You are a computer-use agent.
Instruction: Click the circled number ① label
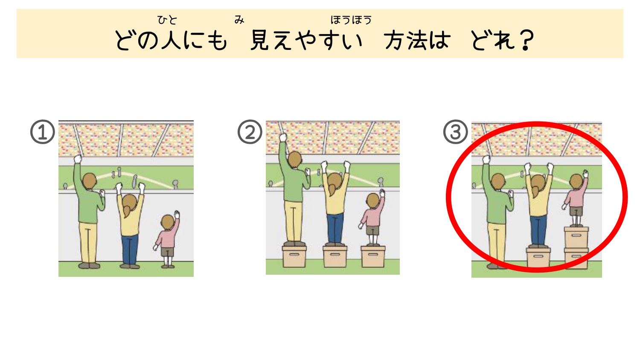click(x=43, y=132)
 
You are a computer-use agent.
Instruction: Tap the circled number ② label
click(x=250, y=132)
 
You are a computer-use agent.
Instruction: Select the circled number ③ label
click(x=455, y=132)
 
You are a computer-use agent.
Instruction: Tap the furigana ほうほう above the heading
click(x=351, y=20)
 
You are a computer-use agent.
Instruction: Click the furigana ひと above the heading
click(x=167, y=20)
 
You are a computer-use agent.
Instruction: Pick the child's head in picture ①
click(x=168, y=222)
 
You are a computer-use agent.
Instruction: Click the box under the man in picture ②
click(x=294, y=257)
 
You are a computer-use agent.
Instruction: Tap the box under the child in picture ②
click(x=373, y=257)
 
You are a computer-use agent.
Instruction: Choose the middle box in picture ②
click(x=335, y=257)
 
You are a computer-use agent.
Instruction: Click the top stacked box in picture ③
click(x=576, y=238)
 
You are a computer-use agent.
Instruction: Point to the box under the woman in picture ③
click(x=538, y=258)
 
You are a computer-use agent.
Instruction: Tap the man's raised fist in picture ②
click(x=283, y=137)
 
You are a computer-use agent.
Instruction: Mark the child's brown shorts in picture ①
click(x=167, y=252)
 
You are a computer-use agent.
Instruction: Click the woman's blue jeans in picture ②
click(x=335, y=228)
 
